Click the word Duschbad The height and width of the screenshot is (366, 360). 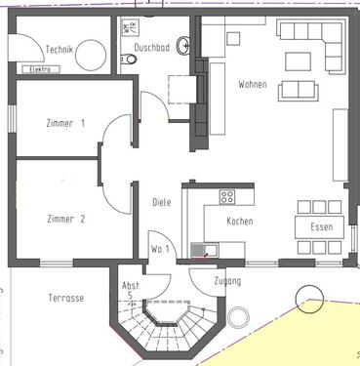coord(154,45)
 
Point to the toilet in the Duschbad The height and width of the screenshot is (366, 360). coord(128,60)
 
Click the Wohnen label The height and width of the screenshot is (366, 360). coord(252,85)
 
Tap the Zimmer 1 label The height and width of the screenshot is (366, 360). coord(65,124)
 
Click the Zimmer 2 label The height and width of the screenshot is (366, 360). coord(65,219)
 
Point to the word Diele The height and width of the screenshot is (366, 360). coord(162,203)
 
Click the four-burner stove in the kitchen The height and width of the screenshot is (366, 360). coord(227,196)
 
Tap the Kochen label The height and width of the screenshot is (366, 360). coord(240,222)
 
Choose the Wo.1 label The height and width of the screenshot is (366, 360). coord(160,249)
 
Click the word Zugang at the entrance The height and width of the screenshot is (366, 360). coord(226,281)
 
